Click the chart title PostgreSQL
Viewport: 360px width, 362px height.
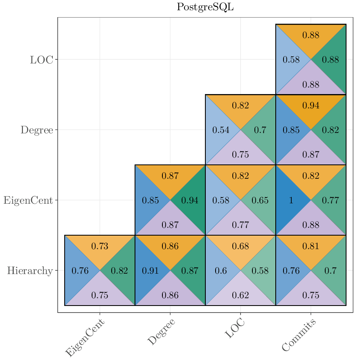205,7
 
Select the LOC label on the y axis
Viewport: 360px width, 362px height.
41,60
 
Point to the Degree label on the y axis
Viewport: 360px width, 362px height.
37,130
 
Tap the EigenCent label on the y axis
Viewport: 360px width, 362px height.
28,200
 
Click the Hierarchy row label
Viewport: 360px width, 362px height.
30,271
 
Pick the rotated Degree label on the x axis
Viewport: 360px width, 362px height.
161,332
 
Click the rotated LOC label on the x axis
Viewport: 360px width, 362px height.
235,328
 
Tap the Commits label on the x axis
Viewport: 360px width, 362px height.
299,335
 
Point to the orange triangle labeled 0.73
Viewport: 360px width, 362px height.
100,245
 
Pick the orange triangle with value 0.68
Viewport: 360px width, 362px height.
241,245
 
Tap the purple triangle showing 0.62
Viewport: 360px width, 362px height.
241,295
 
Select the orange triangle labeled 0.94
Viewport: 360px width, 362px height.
311,105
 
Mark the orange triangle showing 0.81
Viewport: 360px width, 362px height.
311,245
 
